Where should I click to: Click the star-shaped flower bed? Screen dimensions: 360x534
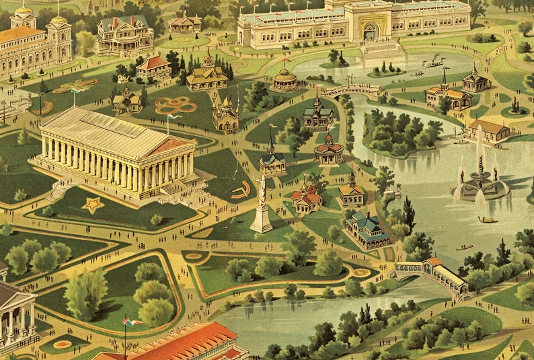[92, 205]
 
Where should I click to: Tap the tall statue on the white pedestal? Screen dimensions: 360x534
[262, 202]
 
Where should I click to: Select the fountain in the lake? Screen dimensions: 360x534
[480, 178]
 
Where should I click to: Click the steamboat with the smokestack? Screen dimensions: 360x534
[433, 63]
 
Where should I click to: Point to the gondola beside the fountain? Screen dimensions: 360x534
[488, 219]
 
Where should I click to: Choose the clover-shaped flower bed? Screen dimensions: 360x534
[176, 105]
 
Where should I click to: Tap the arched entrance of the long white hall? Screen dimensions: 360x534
[370, 31]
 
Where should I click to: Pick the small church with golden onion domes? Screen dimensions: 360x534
[225, 113]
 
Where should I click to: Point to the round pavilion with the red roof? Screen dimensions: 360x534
[328, 151]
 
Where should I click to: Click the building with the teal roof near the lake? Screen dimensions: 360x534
[367, 229]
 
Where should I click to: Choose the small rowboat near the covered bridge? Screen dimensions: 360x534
[464, 248]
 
